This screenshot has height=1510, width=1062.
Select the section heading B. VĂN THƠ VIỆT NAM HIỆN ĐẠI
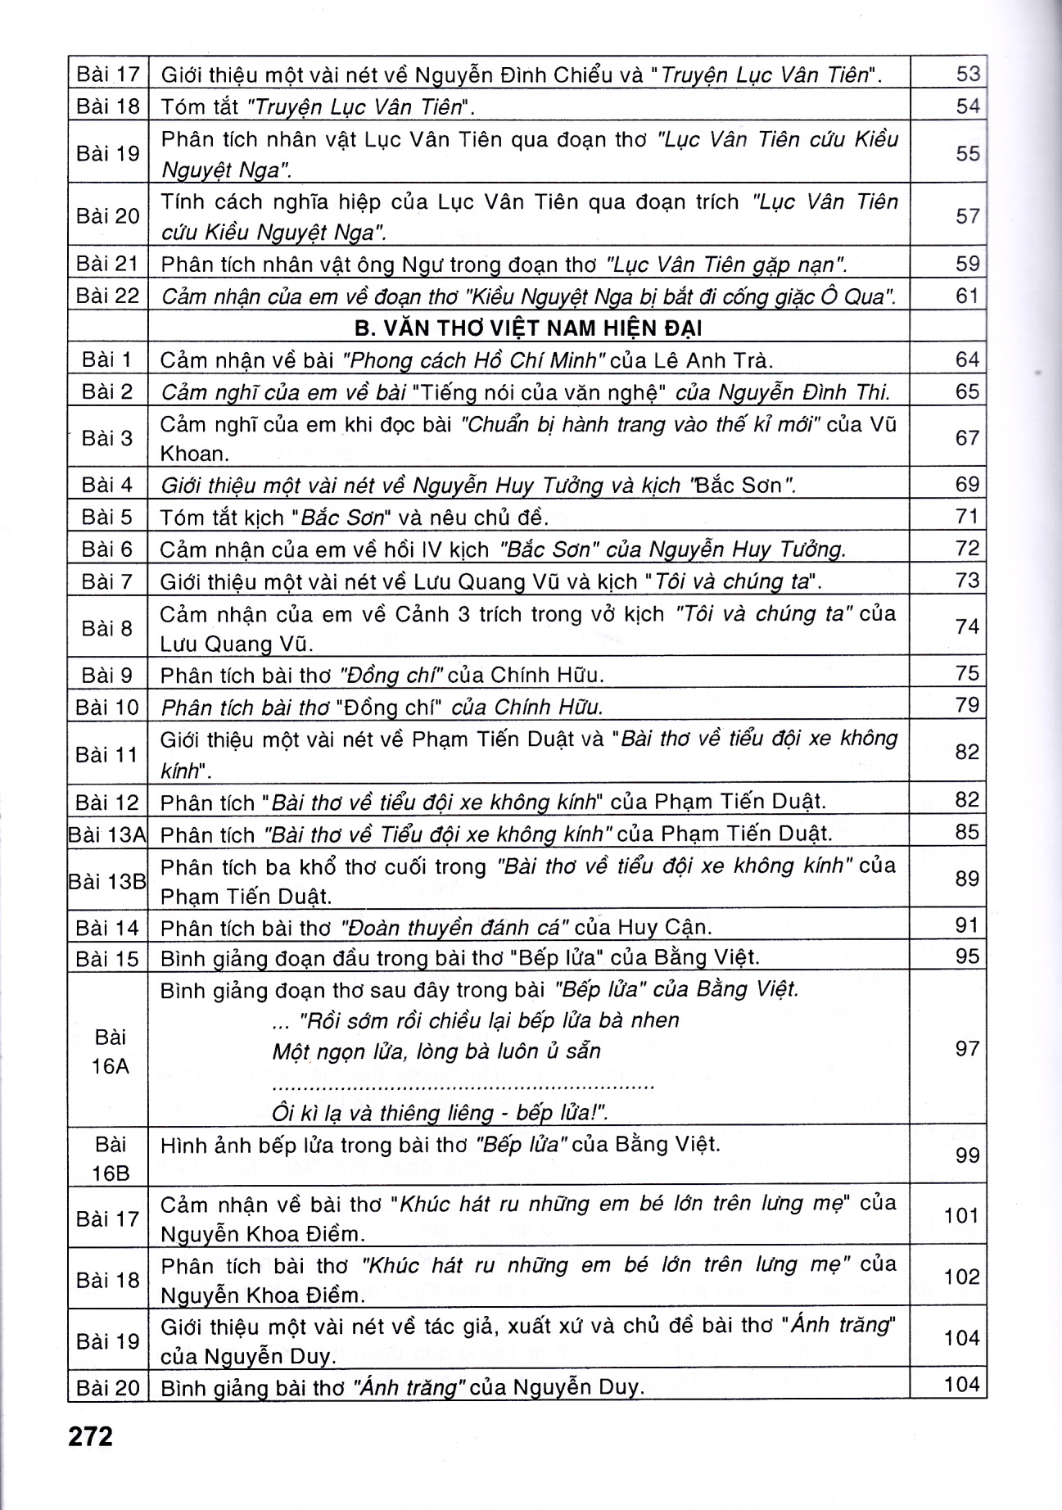528,328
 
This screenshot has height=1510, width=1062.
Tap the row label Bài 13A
107,834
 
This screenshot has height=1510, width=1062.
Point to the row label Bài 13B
107,881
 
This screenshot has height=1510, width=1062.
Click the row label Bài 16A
111,1051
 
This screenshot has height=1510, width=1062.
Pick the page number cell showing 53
967,74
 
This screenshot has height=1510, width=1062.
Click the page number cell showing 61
967,295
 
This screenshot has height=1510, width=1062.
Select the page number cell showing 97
967,1048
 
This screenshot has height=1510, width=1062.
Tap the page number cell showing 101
961,1215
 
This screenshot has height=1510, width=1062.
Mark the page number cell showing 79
967,705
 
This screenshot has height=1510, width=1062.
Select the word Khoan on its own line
192,454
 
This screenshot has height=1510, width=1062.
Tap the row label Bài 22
107,295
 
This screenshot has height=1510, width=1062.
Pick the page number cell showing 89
967,879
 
